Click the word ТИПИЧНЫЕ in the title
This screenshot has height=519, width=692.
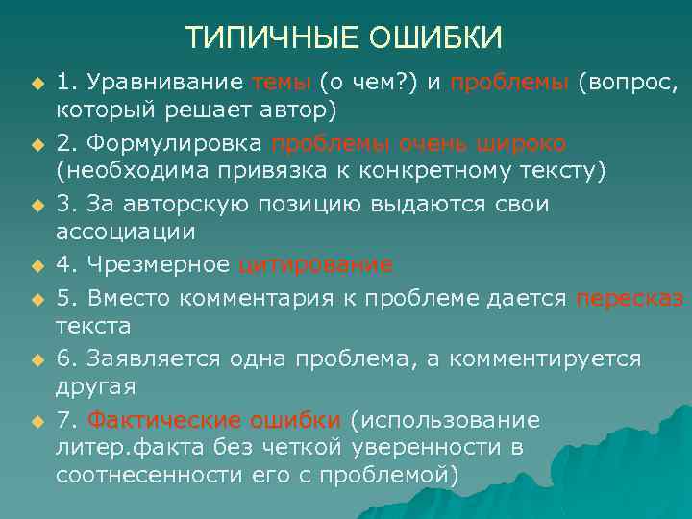tap(257, 37)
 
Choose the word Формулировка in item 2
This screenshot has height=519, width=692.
tap(176, 144)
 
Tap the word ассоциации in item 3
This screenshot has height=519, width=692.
tap(125, 232)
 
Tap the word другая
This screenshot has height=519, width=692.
tap(96, 386)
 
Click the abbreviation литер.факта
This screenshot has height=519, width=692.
tap(124, 448)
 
